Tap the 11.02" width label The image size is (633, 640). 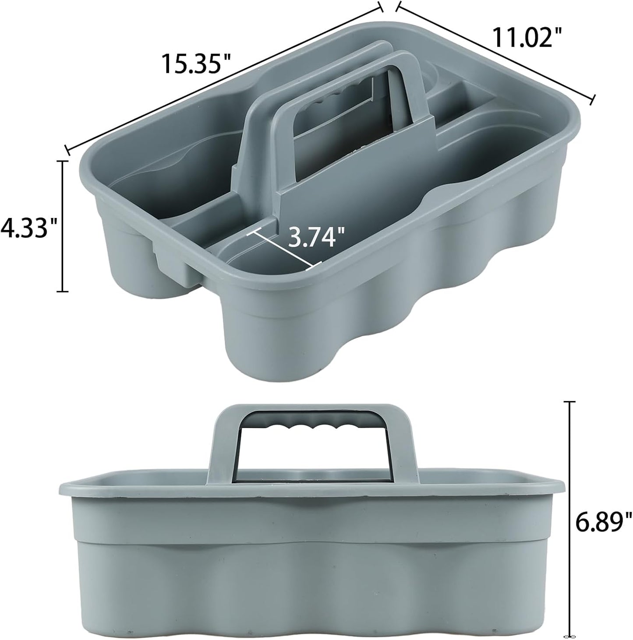pyautogui.click(x=527, y=38)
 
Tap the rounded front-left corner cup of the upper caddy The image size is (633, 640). pyautogui.click(x=127, y=263)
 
